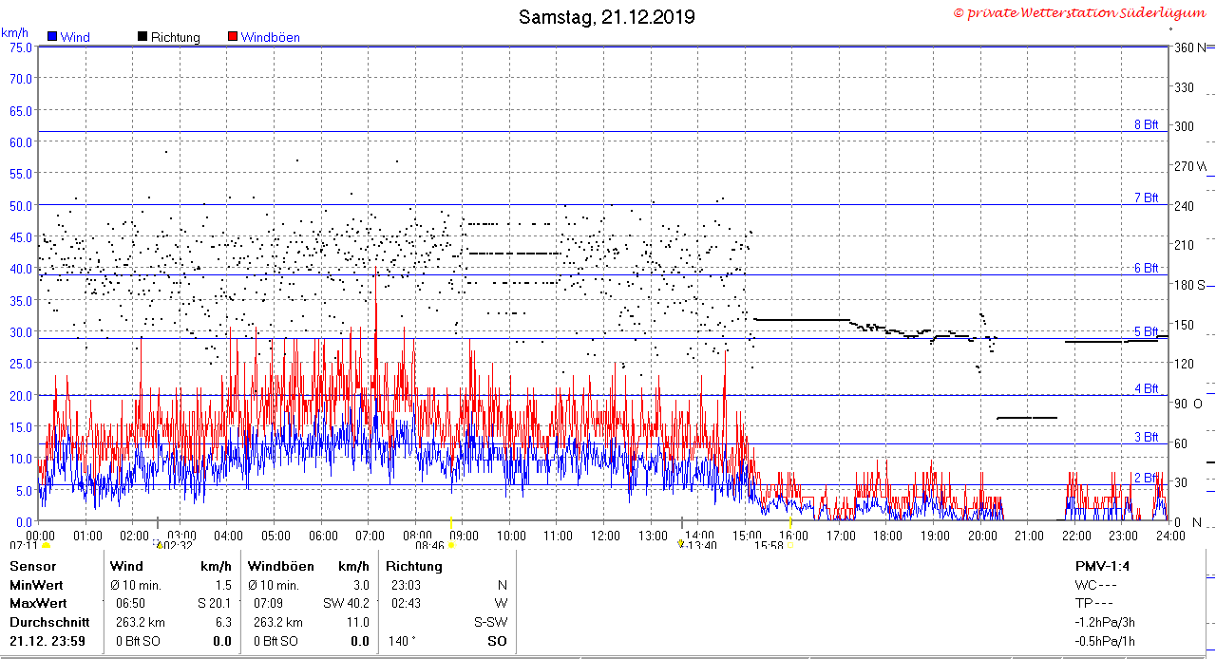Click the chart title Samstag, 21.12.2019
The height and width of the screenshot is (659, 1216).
click(x=606, y=17)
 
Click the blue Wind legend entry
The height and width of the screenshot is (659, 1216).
click(x=69, y=37)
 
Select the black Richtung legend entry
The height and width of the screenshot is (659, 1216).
click(x=169, y=37)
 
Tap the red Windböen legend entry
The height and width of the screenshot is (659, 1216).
click(x=264, y=37)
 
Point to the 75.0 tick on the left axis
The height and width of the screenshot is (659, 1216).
click(x=21, y=47)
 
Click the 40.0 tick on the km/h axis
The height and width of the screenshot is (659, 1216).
click(x=21, y=269)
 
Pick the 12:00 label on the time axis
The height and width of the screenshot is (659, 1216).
click(x=605, y=536)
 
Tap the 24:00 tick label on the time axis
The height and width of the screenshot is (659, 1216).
click(x=1170, y=536)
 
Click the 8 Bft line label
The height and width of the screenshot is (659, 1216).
click(x=1146, y=124)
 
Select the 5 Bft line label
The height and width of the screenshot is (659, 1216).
click(x=1146, y=331)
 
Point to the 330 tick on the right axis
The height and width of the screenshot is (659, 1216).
click(x=1184, y=87)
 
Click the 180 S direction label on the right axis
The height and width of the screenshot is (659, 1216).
click(x=1189, y=285)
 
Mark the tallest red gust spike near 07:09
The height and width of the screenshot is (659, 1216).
click(x=375, y=267)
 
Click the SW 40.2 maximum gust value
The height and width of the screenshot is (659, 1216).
click(x=346, y=603)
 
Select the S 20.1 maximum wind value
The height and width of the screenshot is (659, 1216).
click(x=215, y=603)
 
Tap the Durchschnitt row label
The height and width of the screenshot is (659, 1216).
click(x=49, y=622)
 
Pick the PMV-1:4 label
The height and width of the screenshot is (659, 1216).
click(x=1102, y=566)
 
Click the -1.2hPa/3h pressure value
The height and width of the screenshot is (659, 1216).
click(x=1105, y=622)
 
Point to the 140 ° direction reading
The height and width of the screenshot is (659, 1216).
click(x=402, y=641)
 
